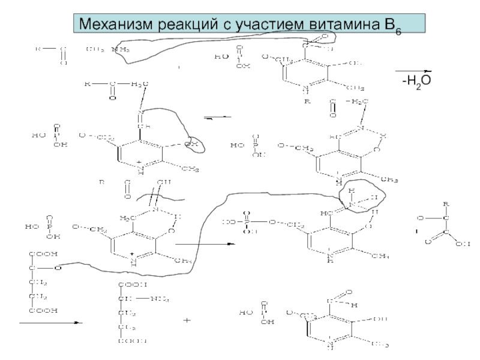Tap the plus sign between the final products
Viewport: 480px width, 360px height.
pyautogui.click(x=187, y=321)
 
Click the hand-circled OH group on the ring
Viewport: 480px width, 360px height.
pyautogui.click(x=191, y=144)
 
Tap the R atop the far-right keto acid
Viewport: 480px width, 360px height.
pyautogui.click(x=445, y=204)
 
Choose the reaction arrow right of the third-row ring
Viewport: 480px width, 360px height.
pyautogui.click(x=204, y=244)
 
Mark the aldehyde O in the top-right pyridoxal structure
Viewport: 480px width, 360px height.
pyautogui.click(x=325, y=37)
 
